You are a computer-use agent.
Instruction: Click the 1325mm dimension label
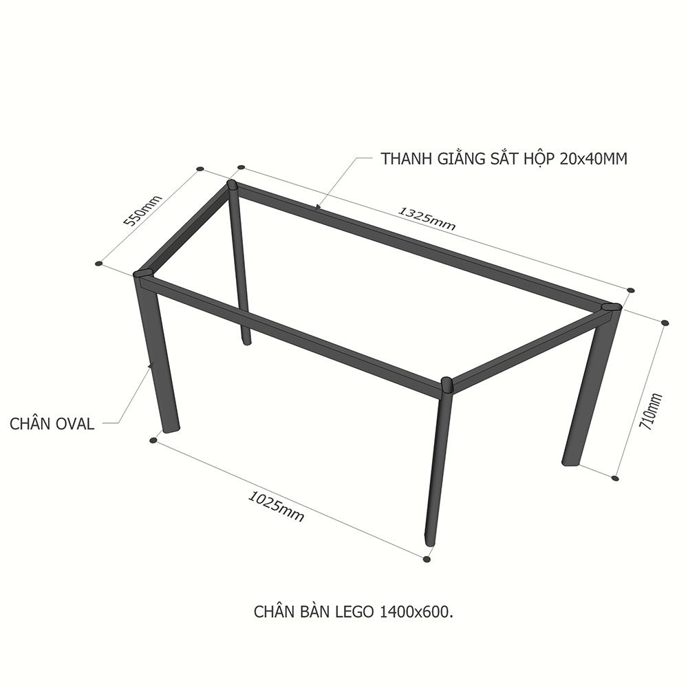pos(427,218)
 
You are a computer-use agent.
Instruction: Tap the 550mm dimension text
pos(142,210)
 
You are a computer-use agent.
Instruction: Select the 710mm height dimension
pos(651,411)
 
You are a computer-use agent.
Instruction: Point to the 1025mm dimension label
pos(276,506)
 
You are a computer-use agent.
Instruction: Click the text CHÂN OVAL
pos(52,424)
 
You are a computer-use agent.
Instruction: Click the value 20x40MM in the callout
pos(593,159)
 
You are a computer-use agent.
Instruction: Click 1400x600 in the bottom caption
pos(415,612)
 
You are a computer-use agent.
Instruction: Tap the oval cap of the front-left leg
pos(143,275)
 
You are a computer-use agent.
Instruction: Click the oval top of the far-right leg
pos(612,306)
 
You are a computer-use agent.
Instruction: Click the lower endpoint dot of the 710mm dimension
pos(615,478)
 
